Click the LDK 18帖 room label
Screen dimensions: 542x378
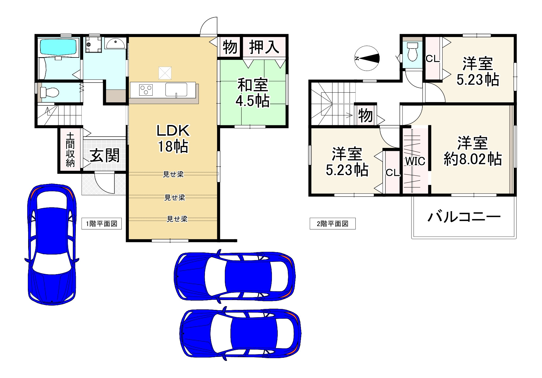(173, 138)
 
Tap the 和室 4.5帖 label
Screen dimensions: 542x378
(253, 93)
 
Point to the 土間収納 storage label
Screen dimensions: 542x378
(70, 149)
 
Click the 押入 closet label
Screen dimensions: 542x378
(264, 47)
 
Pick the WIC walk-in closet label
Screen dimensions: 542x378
(415, 161)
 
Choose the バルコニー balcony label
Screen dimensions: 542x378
(464, 217)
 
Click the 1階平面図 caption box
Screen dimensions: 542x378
(102, 224)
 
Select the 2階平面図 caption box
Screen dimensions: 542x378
(333, 224)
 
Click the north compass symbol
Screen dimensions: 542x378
(367, 58)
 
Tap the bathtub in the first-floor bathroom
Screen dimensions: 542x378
(58, 48)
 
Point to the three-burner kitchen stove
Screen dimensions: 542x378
(146, 90)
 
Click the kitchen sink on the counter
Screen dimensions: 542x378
(176, 90)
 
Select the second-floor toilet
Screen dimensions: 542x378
(413, 52)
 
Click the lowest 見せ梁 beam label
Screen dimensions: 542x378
(177, 219)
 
